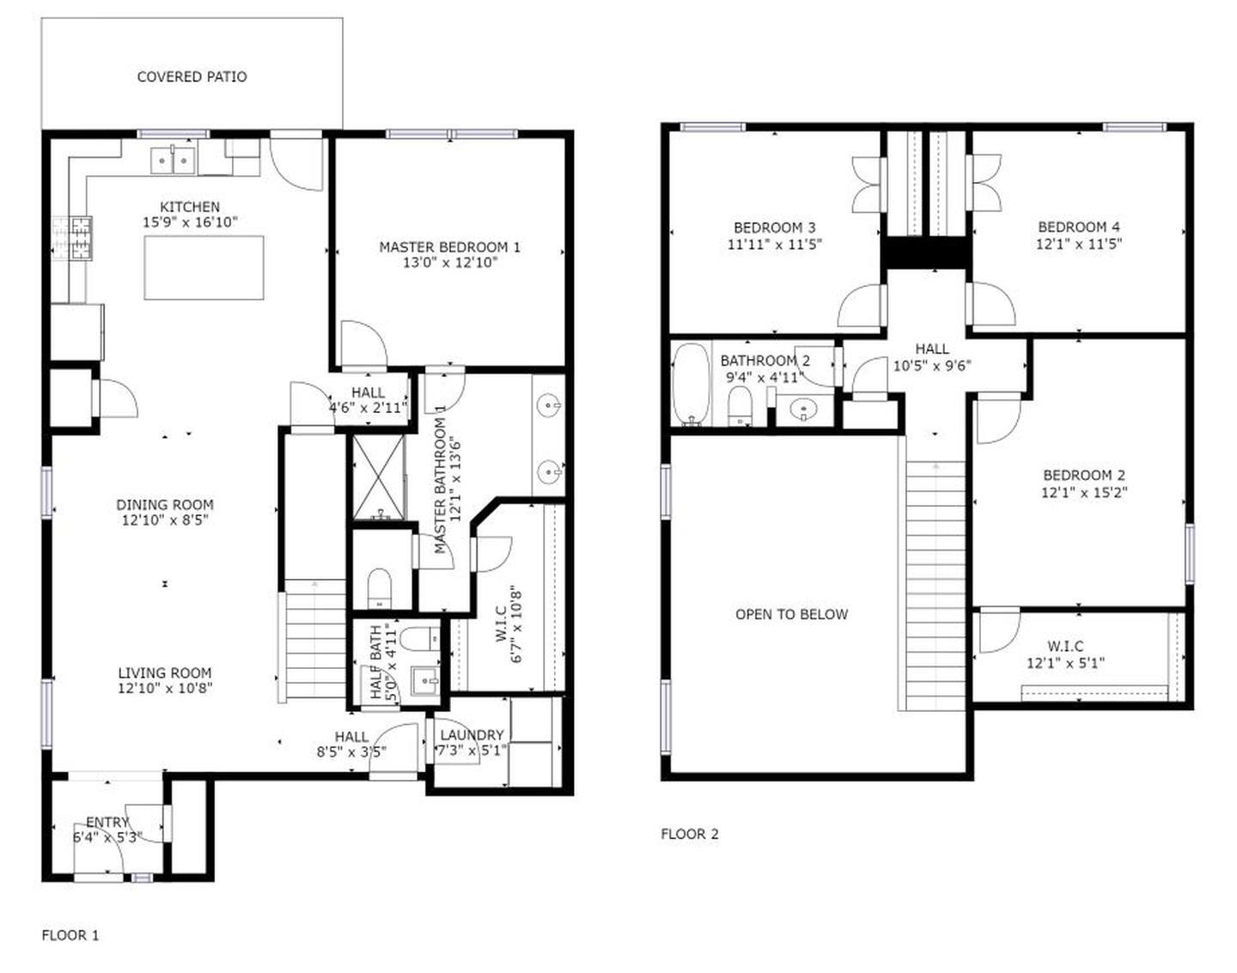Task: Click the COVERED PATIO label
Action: coord(192,76)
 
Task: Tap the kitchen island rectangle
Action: coord(204,267)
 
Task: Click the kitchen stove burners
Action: coord(72,238)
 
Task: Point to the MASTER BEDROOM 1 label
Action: coord(449,247)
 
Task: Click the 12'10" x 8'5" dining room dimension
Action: coord(164,520)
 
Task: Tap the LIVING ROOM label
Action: coord(164,673)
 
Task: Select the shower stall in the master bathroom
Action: coord(379,478)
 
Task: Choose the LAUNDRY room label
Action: coord(472,735)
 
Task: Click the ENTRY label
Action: coord(107,822)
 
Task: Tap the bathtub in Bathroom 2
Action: coord(689,384)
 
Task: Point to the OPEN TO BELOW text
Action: coord(791,614)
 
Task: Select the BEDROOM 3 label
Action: coord(774,228)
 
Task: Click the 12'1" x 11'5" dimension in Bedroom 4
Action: coord(1078,244)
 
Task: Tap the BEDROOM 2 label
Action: coord(1083,475)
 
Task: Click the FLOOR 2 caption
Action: coord(689,834)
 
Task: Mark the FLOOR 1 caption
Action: coord(70,935)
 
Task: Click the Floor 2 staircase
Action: coord(935,584)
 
